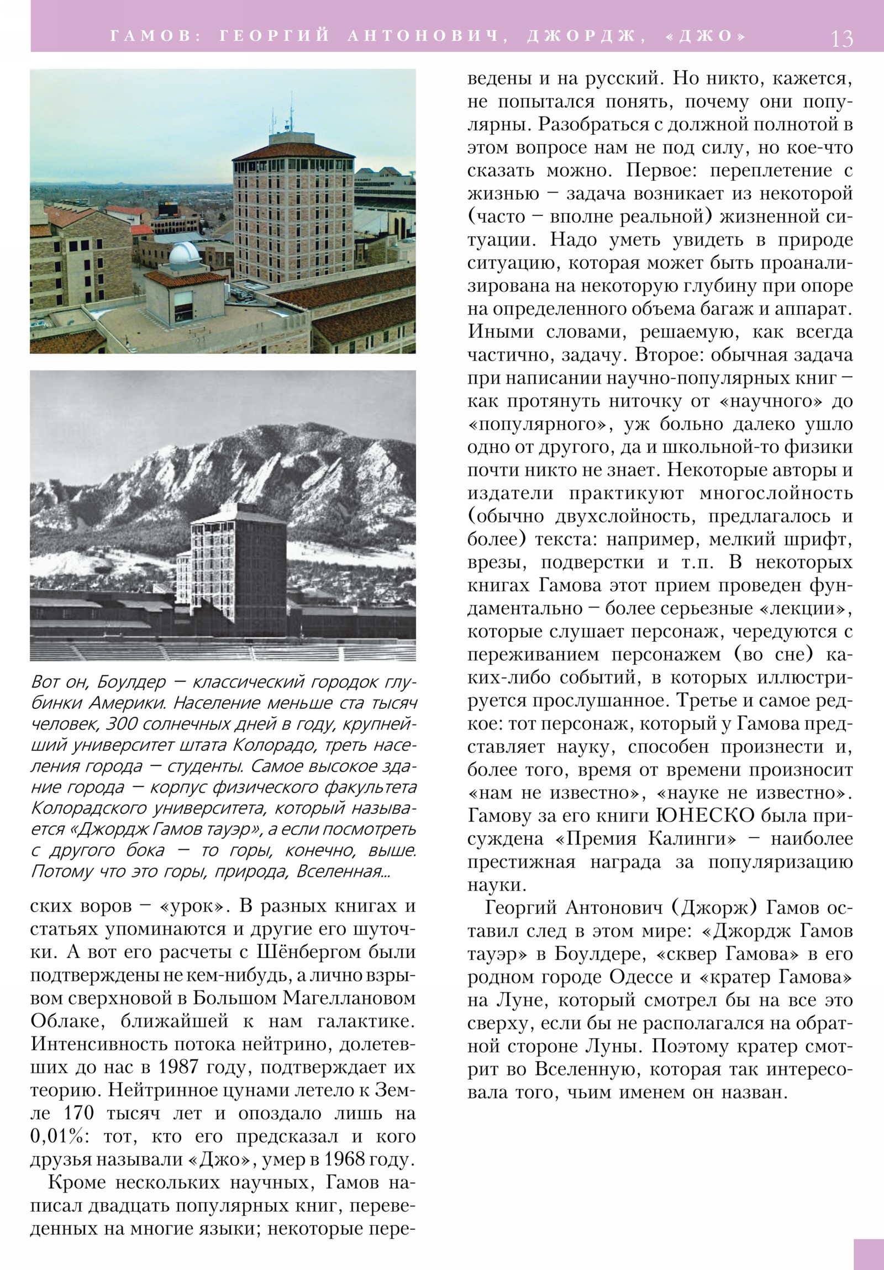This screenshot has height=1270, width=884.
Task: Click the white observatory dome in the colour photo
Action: coord(184,256)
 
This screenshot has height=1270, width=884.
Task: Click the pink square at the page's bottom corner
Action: coord(869,1254)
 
